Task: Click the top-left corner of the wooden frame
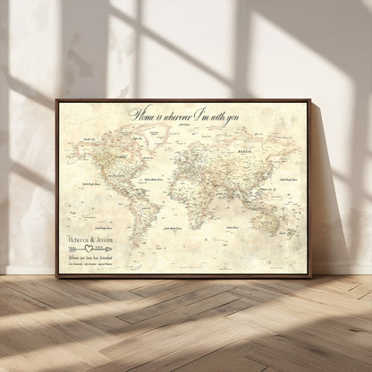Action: (x=57, y=100)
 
